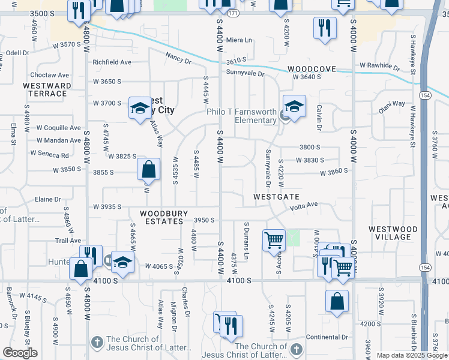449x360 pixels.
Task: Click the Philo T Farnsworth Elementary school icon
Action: [x=295, y=107]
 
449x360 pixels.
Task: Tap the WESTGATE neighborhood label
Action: [x=276, y=196]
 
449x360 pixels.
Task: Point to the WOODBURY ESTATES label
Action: [x=164, y=217]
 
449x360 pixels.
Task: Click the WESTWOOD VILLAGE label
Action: [x=393, y=233]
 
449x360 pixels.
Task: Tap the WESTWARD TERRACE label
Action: [x=47, y=89]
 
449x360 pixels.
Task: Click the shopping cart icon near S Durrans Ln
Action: [x=274, y=239]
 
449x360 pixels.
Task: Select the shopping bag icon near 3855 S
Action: [x=148, y=169]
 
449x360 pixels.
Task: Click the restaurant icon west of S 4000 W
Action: [x=324, y=27]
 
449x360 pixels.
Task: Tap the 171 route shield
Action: [x=233, y=13]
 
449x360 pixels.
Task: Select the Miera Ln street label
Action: [x=240, y=40]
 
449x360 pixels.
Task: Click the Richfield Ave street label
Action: [x=112, y=62]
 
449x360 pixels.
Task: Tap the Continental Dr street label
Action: [x=327, y=337]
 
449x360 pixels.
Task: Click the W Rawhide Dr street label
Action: [x=380, y=65]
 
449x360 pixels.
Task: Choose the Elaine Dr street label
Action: [x=49, y=199]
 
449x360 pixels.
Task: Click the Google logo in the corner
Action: [x=19, y=353]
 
